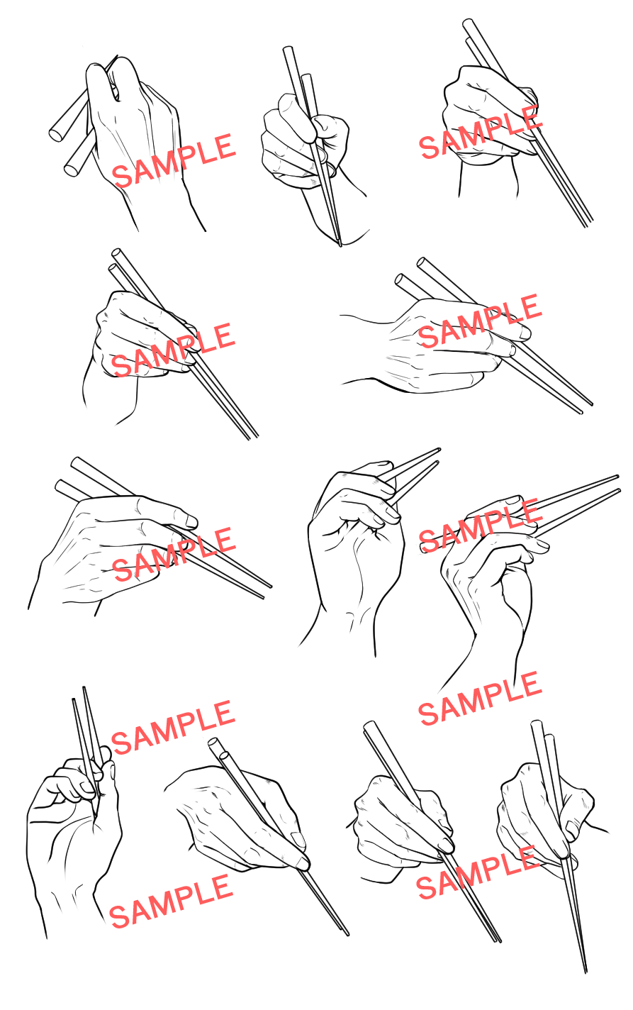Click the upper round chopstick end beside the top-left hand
tap(55, 134)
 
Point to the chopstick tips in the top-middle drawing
tap(340, 243)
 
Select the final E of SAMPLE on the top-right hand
tap(532, 118)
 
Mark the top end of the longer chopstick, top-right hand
tap(468, 23)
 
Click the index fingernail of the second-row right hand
tap(524, 333)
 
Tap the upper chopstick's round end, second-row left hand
tap(116, 253)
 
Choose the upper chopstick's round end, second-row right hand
tap(422, 262)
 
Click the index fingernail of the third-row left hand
tap(191, 522)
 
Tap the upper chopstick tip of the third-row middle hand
tap(438, 450)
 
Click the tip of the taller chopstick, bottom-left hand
tap(84, 689)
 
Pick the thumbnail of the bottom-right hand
tap(571, 828)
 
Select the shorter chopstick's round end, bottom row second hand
tap(224, 755)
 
